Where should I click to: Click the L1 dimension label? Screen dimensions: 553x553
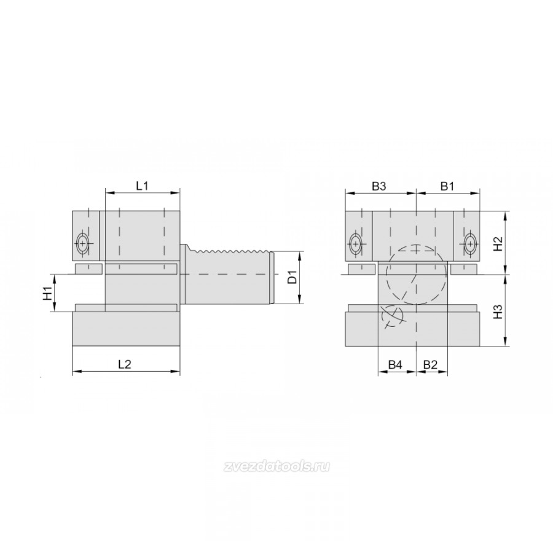click(142, 186)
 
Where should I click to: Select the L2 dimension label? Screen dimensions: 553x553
click(125, 364)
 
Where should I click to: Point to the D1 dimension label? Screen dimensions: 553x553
click(292, 277)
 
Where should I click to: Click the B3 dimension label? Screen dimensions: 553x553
click(379, 186)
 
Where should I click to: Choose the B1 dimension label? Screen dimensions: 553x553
click(447, 186)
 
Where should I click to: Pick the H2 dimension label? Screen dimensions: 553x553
click(497, 243)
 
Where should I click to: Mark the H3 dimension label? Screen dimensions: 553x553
click(497, 311)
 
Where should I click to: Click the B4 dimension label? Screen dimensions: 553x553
click(395, 364)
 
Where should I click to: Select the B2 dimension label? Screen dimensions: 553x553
click(430, 364)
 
